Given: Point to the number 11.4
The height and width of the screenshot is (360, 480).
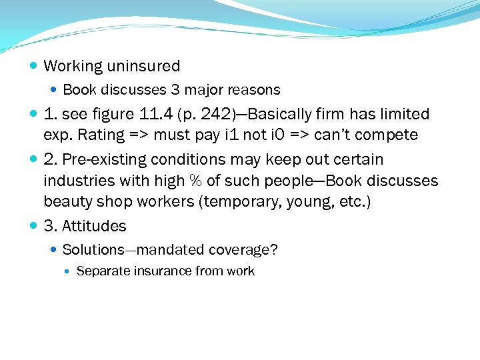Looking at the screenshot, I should [x=158, y=114].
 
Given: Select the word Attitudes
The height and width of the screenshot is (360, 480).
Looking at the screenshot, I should [x=94, y=226].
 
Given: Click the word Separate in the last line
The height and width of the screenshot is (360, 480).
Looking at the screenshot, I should [x=101, y=271].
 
